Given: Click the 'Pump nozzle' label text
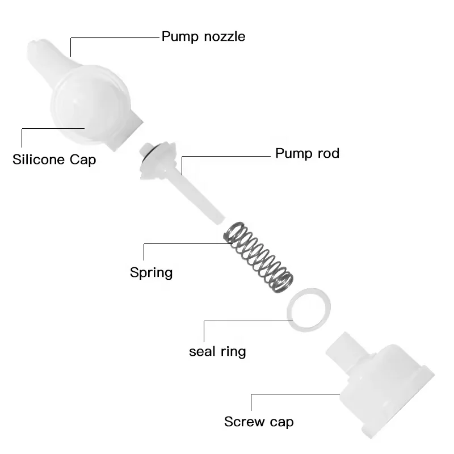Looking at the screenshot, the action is [x=203, y=37].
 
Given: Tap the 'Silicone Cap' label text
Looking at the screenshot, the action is [x=54, y=159].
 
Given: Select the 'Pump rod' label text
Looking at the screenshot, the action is [x=307, y=153].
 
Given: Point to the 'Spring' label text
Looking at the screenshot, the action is [x=151, y=272].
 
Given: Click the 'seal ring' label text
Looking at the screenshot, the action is [x=217, y=351].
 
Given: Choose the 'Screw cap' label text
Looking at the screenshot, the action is [x=259, y=422].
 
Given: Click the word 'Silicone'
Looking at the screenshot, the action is [x=39, y=159].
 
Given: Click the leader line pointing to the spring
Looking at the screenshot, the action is [x=182, y=243].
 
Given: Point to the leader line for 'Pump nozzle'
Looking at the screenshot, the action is [x=113, y=37].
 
